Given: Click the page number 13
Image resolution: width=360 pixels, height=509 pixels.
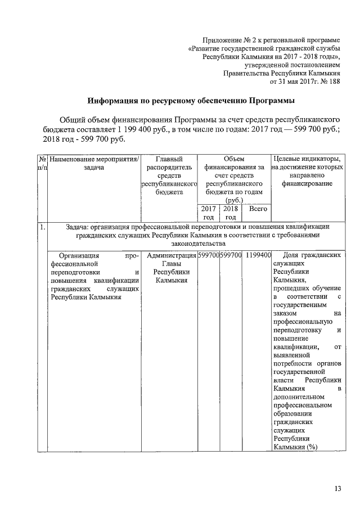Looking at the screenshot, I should coord(337,488).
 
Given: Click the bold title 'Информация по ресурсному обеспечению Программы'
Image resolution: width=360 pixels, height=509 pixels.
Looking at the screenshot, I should coord(191,101).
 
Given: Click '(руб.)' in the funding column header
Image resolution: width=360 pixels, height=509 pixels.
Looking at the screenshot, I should coord(233,200).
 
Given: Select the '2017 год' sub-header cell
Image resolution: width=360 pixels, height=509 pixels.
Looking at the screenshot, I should coord(208,213).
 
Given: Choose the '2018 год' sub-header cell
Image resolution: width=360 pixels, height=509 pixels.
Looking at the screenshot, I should coord(230,213).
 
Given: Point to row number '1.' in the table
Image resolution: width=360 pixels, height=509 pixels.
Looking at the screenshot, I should coord(42,227).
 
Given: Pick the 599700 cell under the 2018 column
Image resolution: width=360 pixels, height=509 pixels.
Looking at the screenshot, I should coord(231,255).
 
